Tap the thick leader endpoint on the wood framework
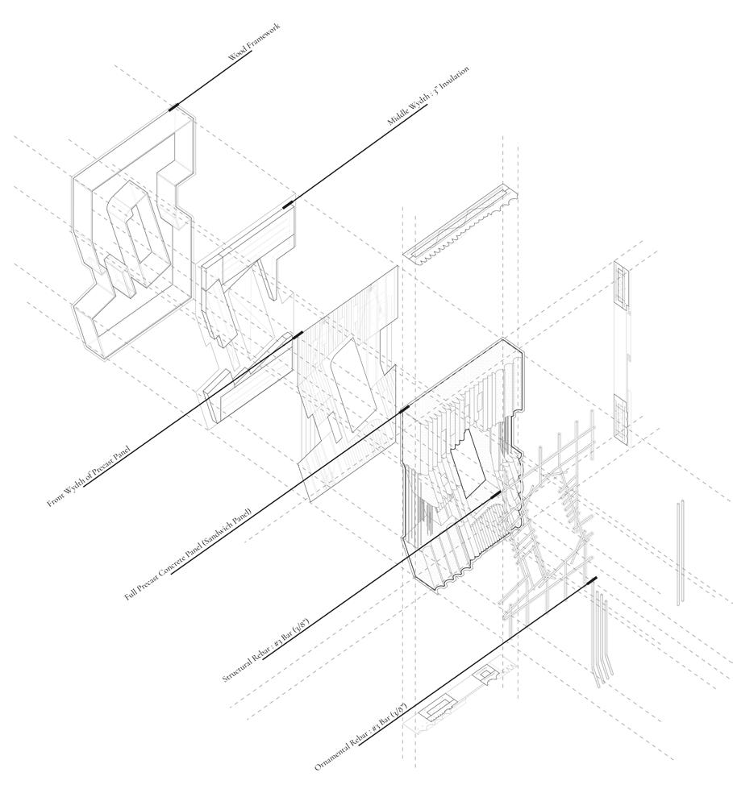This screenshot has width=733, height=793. (x=174, y=106)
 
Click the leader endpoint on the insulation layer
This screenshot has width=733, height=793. (x=287, y=206)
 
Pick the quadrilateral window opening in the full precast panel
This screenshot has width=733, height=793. (x=467, y=467)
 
